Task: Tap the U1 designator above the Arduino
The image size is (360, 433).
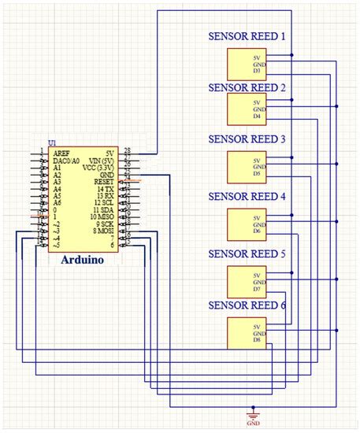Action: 52,143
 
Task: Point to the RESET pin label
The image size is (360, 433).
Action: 104,182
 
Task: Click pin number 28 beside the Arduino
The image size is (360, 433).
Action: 128,150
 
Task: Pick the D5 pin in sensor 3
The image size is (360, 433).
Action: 257,173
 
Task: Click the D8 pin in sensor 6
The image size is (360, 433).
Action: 257,339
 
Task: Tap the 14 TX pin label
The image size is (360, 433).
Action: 105,190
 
